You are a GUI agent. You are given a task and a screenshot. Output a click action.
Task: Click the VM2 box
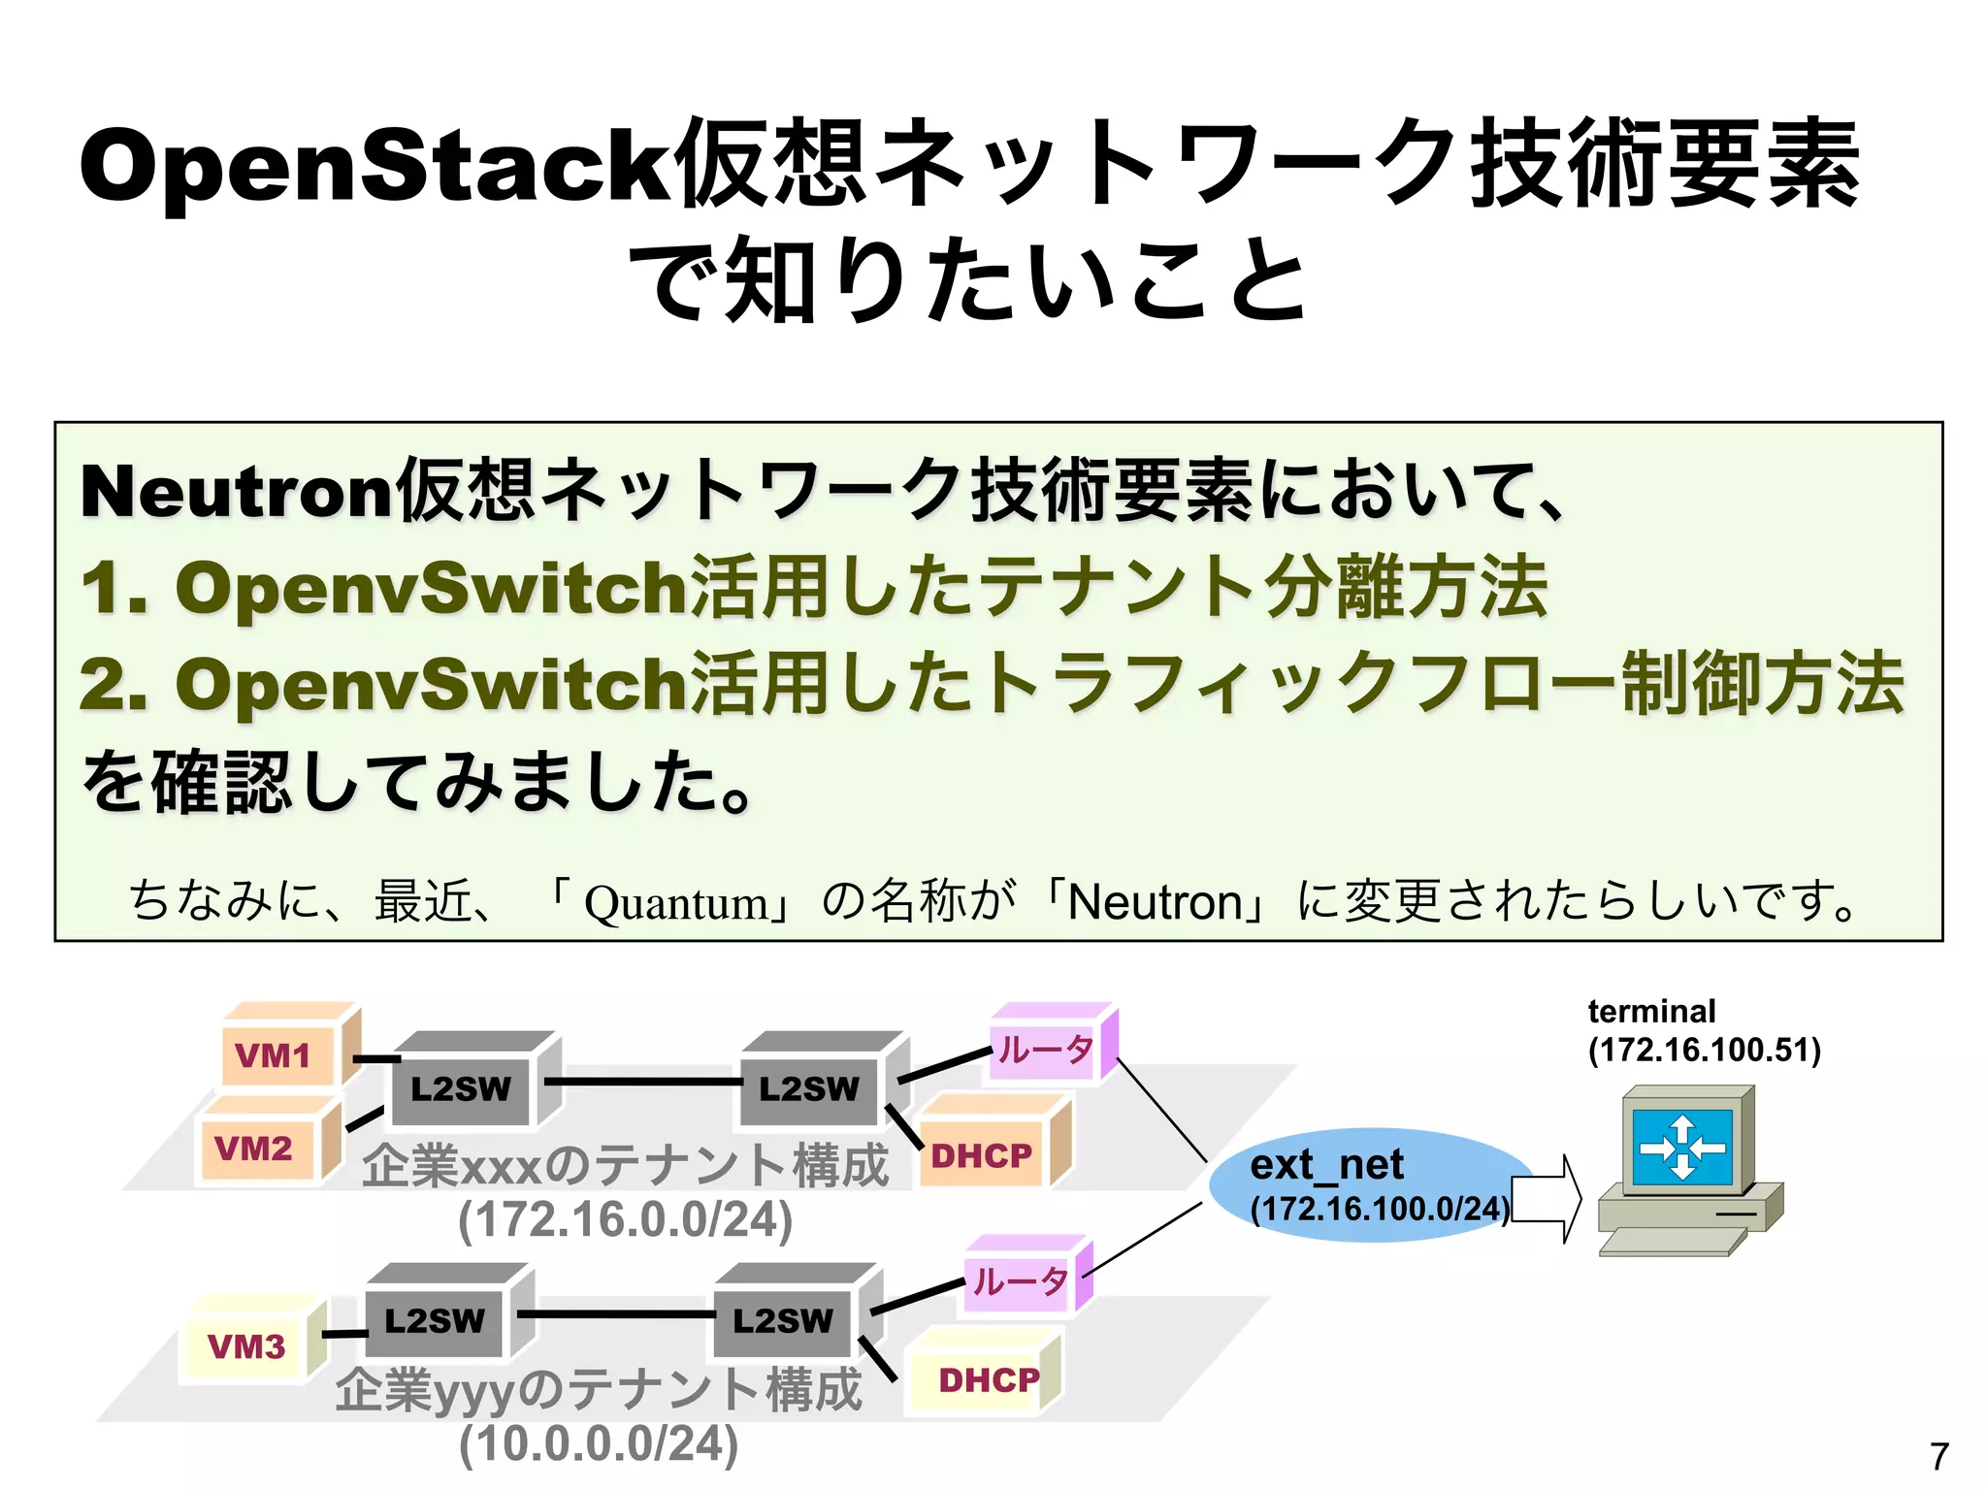pyautogui.click(x=256, y=1149)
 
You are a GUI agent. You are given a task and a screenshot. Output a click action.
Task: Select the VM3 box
pyautogui.click(x=247, y=1346)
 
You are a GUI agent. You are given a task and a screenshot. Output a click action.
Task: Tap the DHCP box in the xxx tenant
pyautogui.click(x=982, y=1154)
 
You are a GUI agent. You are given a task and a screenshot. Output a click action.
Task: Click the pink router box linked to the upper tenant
pyautogui.click(x=1046, y=1049)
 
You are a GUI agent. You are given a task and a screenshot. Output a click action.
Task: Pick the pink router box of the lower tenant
pyautogui.click(x=1020, y=1281)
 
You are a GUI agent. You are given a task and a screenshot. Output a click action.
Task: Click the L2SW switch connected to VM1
pyautogui.click(x=461, y=1088)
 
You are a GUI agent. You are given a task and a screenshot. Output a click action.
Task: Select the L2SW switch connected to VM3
pyautogui.click(x=435, y=1320)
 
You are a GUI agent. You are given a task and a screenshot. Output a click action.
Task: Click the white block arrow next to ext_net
pyautogui.click(x=1547, y=1199)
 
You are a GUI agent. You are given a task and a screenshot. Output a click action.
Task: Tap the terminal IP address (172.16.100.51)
pyautogui.click(x=1704, y=1050)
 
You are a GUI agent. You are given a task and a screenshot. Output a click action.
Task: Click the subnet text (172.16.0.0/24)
pyautogui.click(x=626, y=1218)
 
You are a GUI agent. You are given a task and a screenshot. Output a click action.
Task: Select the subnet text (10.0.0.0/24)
pyautogui.click(x=599, y=1443)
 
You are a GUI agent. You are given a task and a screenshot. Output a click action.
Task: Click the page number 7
pyautogui.click(x=1938, y=1456)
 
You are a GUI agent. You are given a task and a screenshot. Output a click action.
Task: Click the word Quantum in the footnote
pyautogui.click(x=675, y=903)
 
